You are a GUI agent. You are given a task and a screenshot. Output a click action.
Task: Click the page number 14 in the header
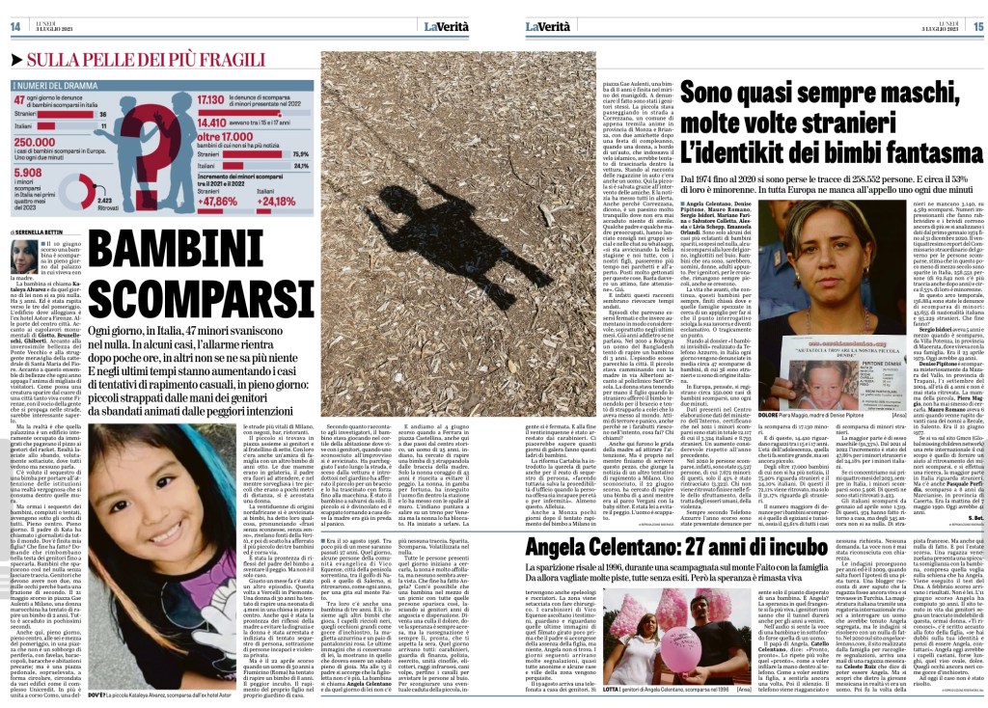(15, 25)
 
